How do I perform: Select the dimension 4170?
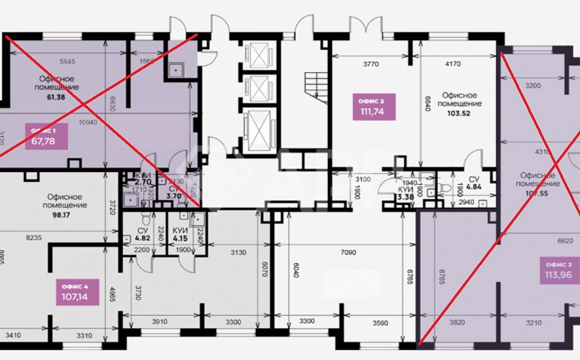(454, 65)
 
